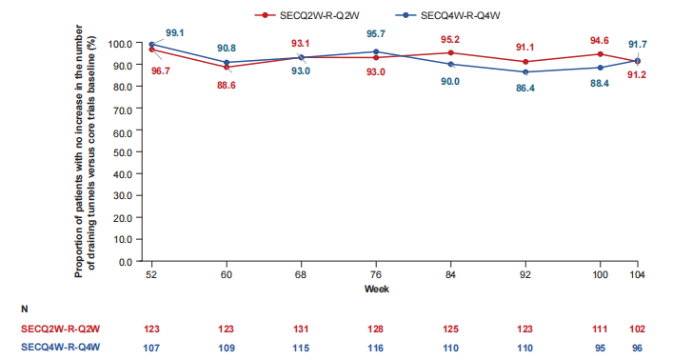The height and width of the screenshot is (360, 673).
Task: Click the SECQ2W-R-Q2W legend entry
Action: [x=307, y=16]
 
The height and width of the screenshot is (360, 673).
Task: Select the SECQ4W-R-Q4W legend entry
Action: [x=448, y=16]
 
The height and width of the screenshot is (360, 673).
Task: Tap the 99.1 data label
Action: [x=175, y=33]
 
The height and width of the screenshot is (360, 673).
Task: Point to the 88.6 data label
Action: [x=227, y=86]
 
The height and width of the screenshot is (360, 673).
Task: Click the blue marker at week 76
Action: [x=376, y=52]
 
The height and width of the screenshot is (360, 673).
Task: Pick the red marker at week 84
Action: [x=450, y=52]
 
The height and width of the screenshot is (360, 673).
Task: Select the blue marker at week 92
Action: [x=525, y=72]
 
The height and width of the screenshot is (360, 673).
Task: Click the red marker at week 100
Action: [x=600, y=54]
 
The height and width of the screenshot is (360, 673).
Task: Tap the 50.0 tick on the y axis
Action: [x=123, y=152]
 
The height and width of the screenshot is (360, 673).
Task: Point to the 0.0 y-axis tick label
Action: [x=125, y=262]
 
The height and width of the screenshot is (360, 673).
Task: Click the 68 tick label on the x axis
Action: [x=301, y=275]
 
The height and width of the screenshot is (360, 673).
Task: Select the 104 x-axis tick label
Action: [x=638, y=275]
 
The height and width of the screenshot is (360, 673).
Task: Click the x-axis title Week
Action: [x=376, y=290]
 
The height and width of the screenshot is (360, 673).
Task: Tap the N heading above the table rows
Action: [x=25, y=310]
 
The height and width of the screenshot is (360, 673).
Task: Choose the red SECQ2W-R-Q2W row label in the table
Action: [x=61, y=330]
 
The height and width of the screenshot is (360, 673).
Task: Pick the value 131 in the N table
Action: [x=301, y=330]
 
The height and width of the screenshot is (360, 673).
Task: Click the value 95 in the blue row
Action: [x=600, y=348]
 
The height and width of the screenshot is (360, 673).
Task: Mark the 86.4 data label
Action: [x=525, y=89]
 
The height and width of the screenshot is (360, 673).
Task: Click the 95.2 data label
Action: [x=450, y=40]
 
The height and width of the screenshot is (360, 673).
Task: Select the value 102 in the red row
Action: [x=638, y=330]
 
